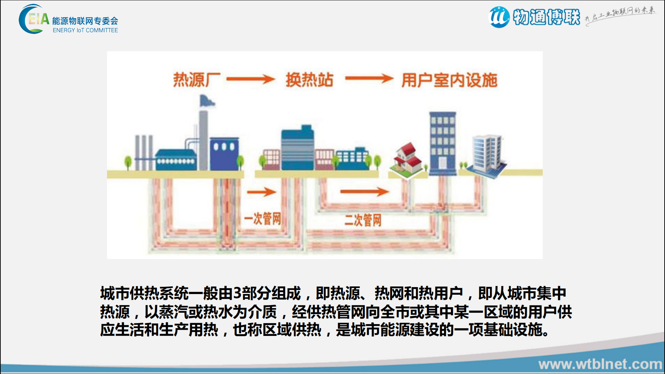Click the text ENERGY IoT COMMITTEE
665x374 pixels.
85,30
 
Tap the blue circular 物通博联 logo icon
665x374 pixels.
499,17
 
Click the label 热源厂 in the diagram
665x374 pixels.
197,80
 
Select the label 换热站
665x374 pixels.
309,80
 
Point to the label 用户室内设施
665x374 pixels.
449,80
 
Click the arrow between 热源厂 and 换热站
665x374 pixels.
251,79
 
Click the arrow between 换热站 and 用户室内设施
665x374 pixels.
369,79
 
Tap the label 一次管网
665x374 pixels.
262,219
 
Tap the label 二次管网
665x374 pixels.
363,220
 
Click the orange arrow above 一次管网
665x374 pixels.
261,192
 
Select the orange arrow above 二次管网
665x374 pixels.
364,191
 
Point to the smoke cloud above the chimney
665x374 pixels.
206,101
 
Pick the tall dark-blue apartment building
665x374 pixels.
442,142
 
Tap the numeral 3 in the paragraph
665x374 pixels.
237,293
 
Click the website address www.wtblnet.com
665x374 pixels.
600,364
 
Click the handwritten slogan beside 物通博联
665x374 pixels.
620,15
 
